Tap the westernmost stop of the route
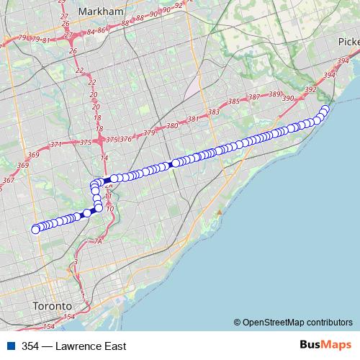35,230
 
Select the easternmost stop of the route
325,109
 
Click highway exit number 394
330,75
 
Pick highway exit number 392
311,89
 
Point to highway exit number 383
213,112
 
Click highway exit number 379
149,133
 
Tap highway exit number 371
56,145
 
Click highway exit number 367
8,181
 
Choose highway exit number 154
69,317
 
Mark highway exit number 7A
99,242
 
